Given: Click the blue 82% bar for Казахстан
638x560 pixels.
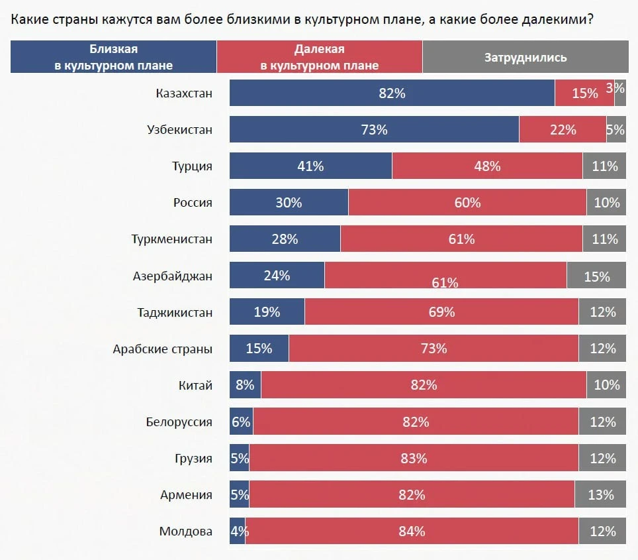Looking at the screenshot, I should click(392, 93).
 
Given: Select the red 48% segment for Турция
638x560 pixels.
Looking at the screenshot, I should click(487, 166).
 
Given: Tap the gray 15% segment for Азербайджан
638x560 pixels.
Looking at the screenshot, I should click(596, 276).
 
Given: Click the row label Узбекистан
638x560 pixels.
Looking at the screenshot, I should click(179, 129).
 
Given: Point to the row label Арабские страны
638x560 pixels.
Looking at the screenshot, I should click(163, 349).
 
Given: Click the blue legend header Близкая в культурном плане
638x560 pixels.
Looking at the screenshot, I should click(113, 57).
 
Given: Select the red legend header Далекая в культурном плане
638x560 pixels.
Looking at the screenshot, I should click(319, 57).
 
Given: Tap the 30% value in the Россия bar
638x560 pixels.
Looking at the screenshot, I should click(289, 203).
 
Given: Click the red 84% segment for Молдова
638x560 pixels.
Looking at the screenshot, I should click(412, 531).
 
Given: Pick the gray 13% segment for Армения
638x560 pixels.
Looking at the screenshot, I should click(600, 494).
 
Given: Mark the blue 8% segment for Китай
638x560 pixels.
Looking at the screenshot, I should click(245, 385).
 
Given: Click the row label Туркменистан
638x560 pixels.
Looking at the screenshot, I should click(172, 239).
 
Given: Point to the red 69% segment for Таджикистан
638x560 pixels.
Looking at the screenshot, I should click(441, 312).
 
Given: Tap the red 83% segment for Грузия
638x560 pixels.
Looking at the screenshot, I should click(414, 458).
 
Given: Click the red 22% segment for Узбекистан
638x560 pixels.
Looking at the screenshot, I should click(563, 130).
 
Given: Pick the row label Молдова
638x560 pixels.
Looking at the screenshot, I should click(185, 531).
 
